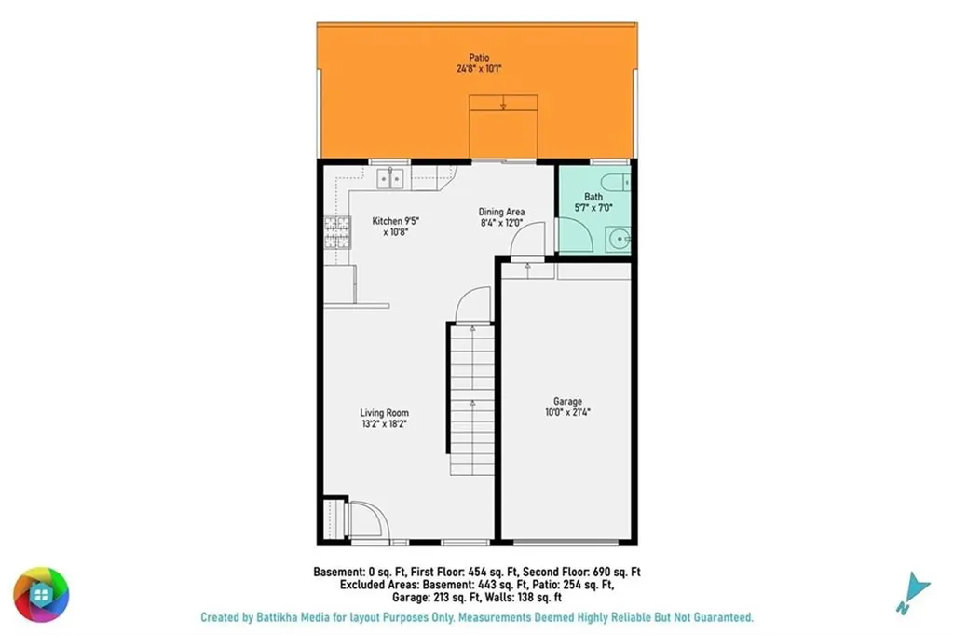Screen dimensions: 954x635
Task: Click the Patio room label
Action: click(x=479, y=58)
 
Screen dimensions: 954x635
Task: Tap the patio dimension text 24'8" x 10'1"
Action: click(x=479, y=69)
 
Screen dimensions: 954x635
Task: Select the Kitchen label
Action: click(x=387, y=221)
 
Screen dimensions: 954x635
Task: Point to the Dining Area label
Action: click(x=501, y=212)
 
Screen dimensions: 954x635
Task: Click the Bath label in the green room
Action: click(x=593, y=197)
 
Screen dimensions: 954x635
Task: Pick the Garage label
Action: click(x=567, y=401)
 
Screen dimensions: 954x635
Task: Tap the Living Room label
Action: click(x=384, y=413)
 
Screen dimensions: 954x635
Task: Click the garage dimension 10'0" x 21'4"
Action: click(x=567, y=412)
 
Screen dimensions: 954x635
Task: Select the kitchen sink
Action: click(x=390, y=179)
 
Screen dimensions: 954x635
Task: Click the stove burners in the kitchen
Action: click(x=337, y=232)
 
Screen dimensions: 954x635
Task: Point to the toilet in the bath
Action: click(x=616, y=182)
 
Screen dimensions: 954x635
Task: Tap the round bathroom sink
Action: click(x=620, y=240)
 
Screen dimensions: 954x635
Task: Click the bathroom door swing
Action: click(x=576, y=234)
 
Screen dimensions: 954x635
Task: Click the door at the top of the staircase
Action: click(x=473, y=304)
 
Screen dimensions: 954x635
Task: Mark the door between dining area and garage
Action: click(x=527, y=240)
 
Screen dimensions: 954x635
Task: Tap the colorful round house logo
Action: click(x=41, y=594)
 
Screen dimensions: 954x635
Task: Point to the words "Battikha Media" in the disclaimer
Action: click(x=293, y=617)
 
